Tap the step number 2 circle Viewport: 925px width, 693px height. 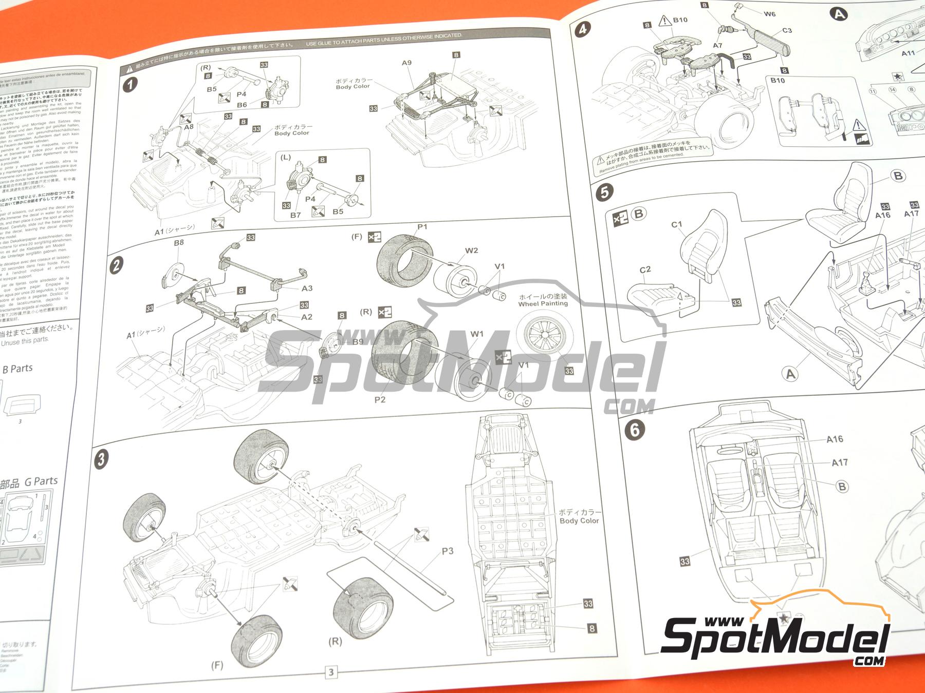click(x=117, y=265)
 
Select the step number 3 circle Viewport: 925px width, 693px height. click(x=101, y=458)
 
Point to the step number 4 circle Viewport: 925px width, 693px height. click(x=582, y=29)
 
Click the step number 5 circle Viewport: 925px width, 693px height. click(x=604, y=192)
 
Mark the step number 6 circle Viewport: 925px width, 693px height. click(x=635, y=429)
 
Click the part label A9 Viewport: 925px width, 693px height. click(x=406, y=63)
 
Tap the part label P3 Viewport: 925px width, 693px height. click(x=448, y=551)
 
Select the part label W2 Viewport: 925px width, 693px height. click(x=471, y=251)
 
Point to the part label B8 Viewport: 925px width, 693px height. click(x=178, y=242)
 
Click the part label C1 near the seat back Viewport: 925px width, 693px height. click(x=677, y=224)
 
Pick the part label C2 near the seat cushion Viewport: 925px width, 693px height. click(x=645, y=269)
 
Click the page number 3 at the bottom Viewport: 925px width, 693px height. click(x=331, y=672)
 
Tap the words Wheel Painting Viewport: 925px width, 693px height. click(x=543, y=303)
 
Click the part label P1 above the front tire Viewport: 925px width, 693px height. click(x=422, y=226)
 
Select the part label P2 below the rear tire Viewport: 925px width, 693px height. click(x=380, y=399)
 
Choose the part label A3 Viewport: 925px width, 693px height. click(x=307, y=288)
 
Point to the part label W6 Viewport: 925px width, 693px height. click(x=769, y=14)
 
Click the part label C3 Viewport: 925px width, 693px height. click(x=787, y=30)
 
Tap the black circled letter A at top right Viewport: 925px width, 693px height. click(x=839, y=14)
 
